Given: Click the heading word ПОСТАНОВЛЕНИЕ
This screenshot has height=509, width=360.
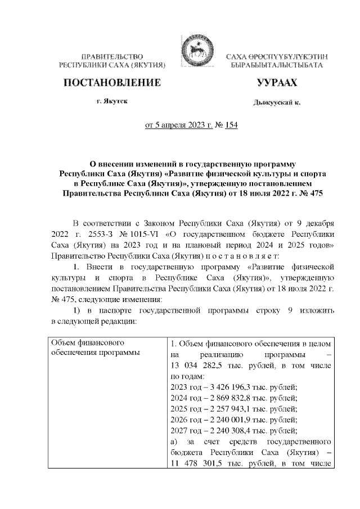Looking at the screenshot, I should pos(112,83).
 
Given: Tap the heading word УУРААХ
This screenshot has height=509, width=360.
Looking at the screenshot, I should pos(276,83).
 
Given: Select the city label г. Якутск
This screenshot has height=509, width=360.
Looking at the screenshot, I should pos(111,103).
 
